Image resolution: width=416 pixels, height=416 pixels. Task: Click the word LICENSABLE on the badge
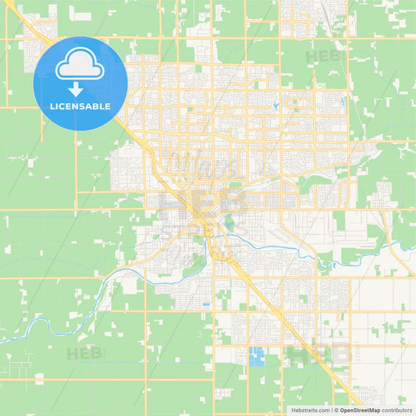(80, 106)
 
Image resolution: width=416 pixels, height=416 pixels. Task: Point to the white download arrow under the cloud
(80, 88)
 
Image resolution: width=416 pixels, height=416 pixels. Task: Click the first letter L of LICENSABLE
(52, 106)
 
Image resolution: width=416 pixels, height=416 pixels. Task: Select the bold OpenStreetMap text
(364, 410)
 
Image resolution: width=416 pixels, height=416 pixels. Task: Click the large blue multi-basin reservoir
(257, 356)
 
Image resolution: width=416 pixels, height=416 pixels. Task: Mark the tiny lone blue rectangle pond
(205, 304)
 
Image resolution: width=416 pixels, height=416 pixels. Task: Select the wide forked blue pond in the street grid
(343, 100)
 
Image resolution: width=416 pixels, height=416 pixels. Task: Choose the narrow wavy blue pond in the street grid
(276, 105)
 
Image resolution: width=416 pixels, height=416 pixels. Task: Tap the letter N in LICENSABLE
(76, 106)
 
